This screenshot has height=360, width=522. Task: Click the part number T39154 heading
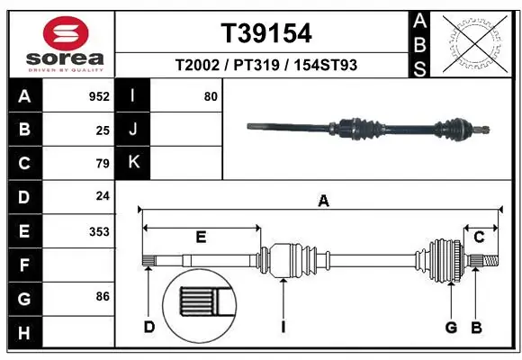tap(266, 33)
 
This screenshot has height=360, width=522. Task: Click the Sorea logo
tap(59, 40)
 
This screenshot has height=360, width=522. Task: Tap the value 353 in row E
tap(99, 231)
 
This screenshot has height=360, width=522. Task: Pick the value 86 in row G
tap(102, 296)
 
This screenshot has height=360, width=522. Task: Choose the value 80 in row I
tap(211, 96)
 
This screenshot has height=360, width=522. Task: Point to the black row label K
tap(134, 162)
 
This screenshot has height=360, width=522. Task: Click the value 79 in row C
tap(102, 163)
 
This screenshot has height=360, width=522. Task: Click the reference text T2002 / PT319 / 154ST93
tap(266, 66)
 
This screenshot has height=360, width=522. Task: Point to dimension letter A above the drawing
tap(323, 202)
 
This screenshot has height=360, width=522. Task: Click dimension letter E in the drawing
tap(201, 237)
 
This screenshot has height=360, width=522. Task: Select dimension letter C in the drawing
tap(480, 237)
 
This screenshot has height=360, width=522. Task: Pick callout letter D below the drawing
tap(149, 327)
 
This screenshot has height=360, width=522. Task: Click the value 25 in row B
tap(102, 130)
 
